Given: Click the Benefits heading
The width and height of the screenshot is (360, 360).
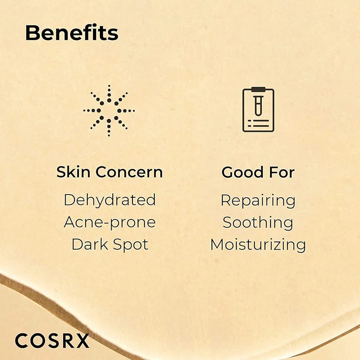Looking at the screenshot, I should (x=72, y=33).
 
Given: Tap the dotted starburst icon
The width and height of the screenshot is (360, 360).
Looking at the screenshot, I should (x=109, y=110).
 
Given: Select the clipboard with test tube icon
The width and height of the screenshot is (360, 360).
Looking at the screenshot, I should (x=258, y=110).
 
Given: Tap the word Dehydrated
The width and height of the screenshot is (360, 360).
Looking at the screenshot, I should (x=110, y=200).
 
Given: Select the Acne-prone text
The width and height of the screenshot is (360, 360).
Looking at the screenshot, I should (x=110, y=222).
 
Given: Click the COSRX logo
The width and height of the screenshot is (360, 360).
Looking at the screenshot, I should (x=52, y=341).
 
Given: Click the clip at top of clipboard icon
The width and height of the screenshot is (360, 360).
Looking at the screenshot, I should (x=258, y=89).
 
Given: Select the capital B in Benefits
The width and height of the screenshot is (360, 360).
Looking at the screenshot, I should (x=32, y=33).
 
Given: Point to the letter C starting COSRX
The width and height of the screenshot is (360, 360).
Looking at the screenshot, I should (x=22, y=341).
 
